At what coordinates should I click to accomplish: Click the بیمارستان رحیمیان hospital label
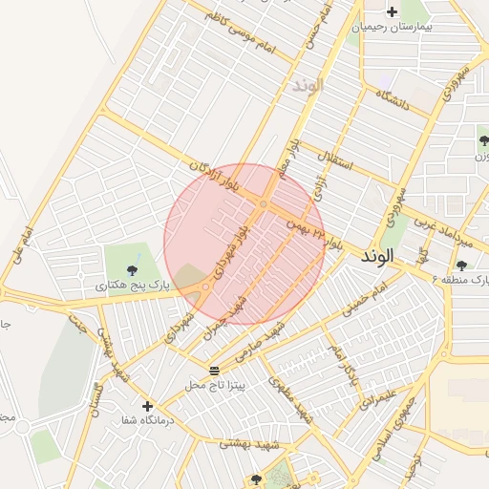pos(393,27)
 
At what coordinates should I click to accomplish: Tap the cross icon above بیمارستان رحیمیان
pos(392,11)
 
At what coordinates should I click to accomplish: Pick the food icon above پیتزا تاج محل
pos(214,370)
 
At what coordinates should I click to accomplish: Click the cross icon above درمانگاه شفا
pos(147,406)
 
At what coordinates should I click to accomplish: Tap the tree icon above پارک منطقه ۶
pos(462,266)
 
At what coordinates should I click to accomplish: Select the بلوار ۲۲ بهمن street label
pos(312,229)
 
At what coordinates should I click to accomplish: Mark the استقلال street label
pos(340,159)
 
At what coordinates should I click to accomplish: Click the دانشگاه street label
pos(393,100)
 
